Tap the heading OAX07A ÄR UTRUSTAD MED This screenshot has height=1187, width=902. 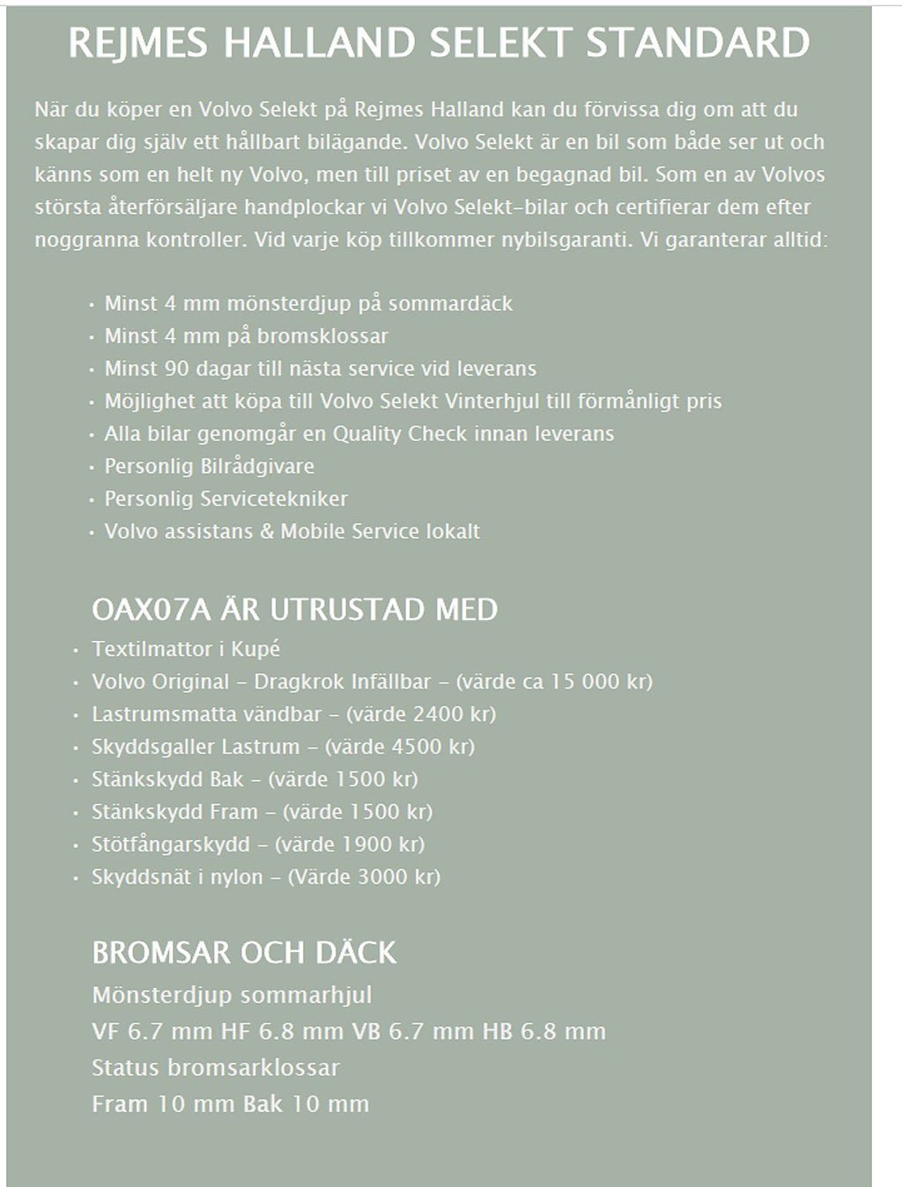point(294,609)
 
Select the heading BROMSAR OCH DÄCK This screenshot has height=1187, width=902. point(244,953)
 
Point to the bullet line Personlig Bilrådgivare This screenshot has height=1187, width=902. point(209,466)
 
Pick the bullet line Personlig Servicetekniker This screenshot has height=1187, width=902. point(225,498)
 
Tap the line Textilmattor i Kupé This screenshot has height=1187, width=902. point(186,649)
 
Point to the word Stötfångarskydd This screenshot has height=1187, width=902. point(171,844)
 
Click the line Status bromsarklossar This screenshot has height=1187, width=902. point(215,1068)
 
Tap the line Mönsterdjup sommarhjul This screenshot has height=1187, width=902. point(232,996)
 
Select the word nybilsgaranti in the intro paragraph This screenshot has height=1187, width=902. point(568,240)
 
